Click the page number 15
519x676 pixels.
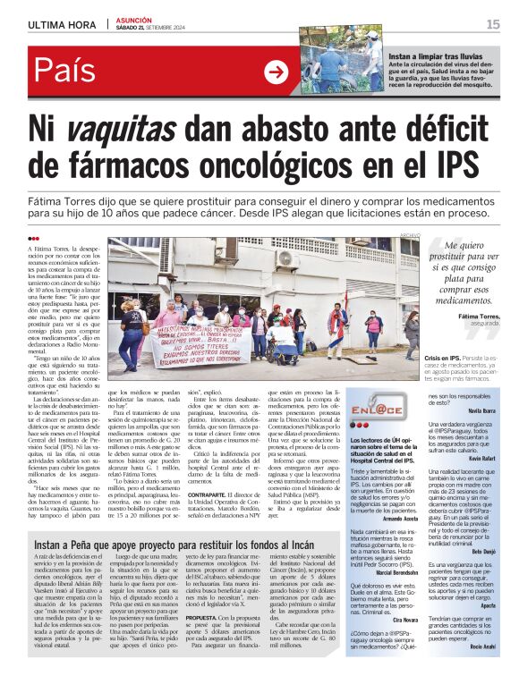(492, 24)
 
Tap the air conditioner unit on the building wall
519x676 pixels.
(287, 258)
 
